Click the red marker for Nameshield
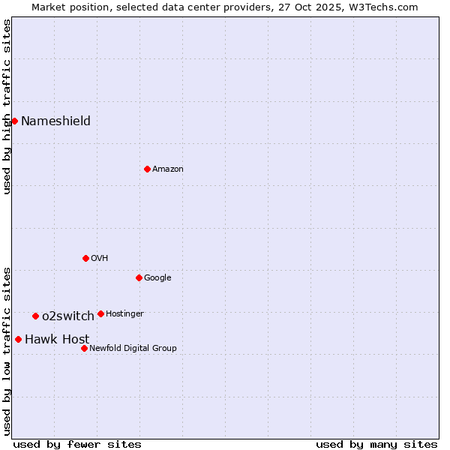[14, 121]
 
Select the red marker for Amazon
[147, 169]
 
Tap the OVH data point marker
[85, 258]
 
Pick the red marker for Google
[139, 277]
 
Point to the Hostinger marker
[100, 313]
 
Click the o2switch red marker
[35, 316]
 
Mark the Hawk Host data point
[18, 339]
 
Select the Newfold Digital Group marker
[84, 348]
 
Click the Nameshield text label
[55, 121]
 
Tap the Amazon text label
[168, 169]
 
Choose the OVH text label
[100, 258]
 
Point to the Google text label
[157, 277]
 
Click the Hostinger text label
[124, 313]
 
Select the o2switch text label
[68, 316]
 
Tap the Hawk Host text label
[57, 339]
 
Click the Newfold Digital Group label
[133, 348]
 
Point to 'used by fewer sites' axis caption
[77, 444]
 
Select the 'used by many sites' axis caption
[376, 444]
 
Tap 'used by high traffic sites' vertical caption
[7, 107]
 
